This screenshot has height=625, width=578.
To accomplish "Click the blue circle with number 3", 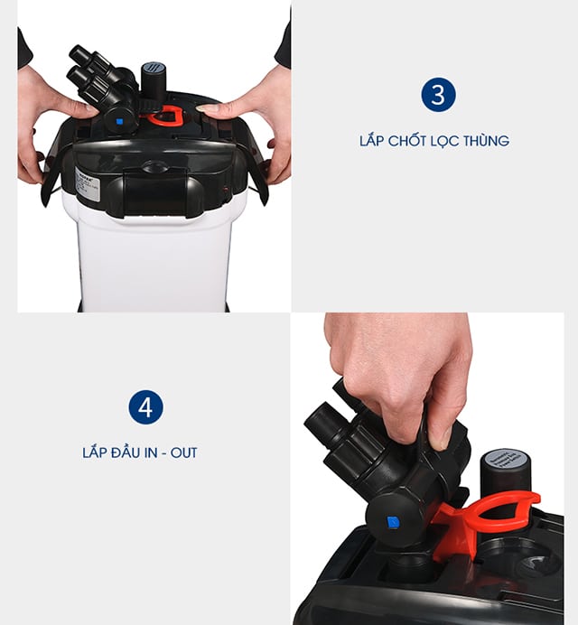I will point(438,95).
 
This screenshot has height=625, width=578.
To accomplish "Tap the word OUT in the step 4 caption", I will point(182,452).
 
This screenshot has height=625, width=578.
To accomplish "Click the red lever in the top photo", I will point(165,115).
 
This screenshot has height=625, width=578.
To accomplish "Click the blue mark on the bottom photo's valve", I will point(393,522).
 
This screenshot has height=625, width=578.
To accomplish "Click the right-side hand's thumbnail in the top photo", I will point(207,108).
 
